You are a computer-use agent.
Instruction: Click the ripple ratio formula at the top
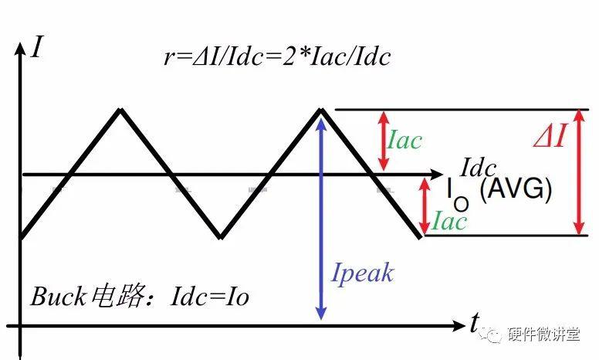point(277,56)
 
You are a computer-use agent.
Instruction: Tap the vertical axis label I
point(38,46)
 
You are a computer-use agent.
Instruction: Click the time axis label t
point(474,322)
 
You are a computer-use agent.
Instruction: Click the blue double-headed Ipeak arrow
point(321,219)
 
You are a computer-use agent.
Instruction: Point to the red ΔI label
point(550,136)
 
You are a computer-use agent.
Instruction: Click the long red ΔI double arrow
point(580,172)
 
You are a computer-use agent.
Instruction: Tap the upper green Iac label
point(404,140)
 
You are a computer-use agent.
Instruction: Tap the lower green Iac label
point(449,221)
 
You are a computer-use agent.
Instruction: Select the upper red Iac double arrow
point(384,141)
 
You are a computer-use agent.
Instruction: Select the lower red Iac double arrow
point(424,206)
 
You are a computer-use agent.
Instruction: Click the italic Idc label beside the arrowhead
point(479,168)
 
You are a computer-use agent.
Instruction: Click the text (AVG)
point(516,190)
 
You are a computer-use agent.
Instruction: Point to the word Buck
point(58,297)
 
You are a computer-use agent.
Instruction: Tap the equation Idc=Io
point(210,297)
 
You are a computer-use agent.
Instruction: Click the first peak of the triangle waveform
point(120,110)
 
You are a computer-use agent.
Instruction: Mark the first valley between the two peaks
point(221,236)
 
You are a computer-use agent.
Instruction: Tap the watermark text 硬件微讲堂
point(544,335)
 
